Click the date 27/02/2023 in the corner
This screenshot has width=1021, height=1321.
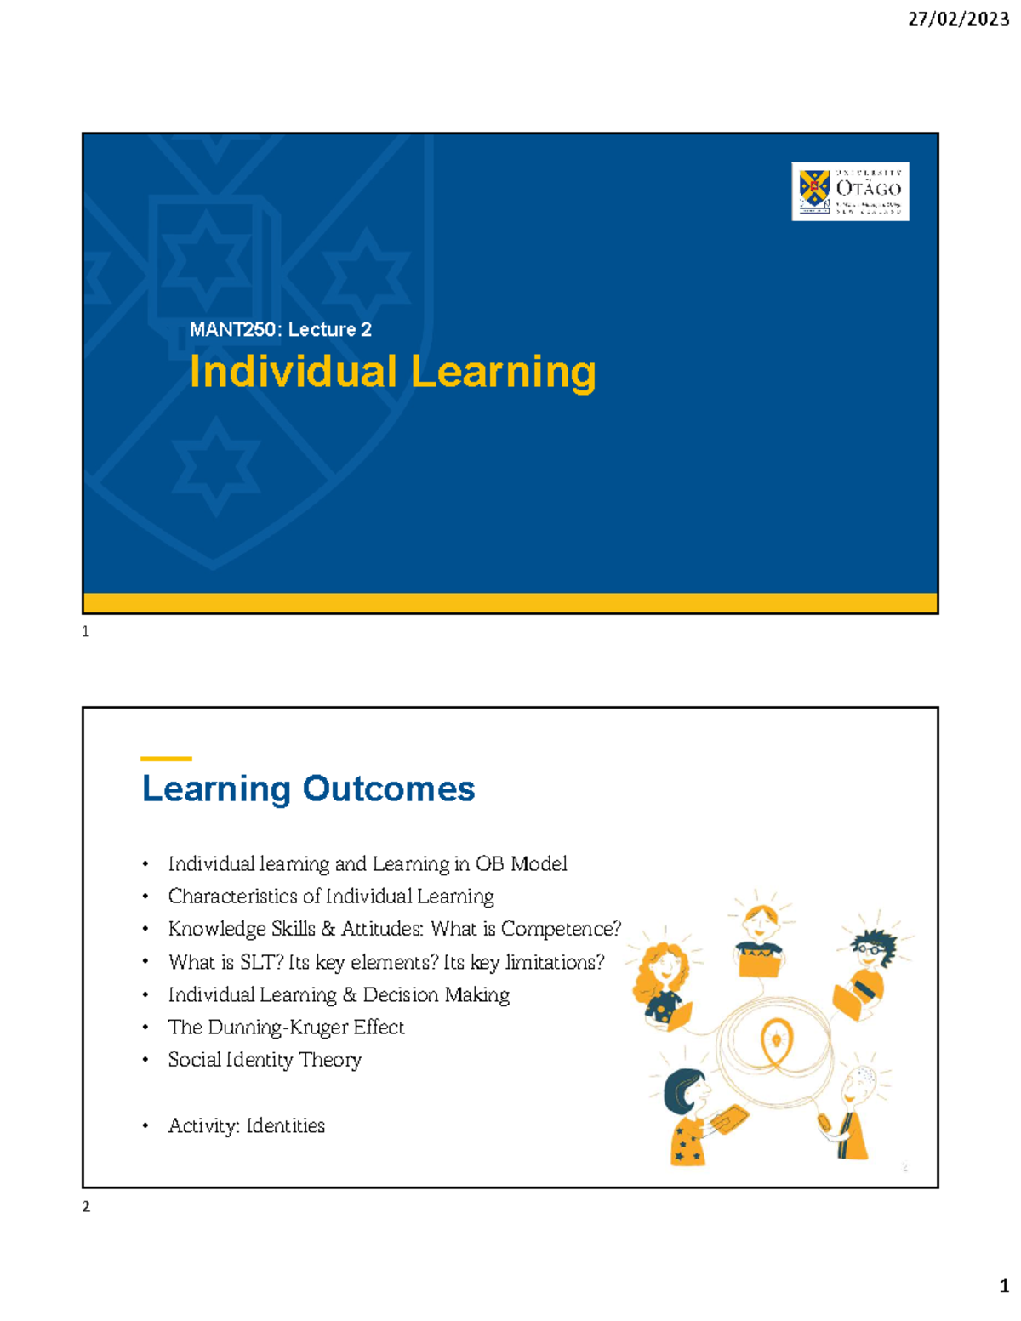click(958, 19)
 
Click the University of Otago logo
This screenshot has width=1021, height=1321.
click(850, 191)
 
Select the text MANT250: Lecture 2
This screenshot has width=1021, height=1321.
click(280, 330)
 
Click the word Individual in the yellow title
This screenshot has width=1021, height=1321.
click(293, 373)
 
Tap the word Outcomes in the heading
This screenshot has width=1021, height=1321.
click(389, 789)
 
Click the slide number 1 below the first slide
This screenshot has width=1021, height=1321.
click(85, 632)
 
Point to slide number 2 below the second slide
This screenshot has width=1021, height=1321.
click(86, 1207)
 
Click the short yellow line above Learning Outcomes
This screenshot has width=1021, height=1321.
click(166, 758)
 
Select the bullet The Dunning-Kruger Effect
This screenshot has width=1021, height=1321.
click(286, 1028)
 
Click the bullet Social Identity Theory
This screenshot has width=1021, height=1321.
click(265, 1060)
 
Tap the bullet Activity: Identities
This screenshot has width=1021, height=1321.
click(247, 1126)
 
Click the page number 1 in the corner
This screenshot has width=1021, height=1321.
click(1004, 1286)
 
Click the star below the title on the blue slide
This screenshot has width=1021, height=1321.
click(216, 466)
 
